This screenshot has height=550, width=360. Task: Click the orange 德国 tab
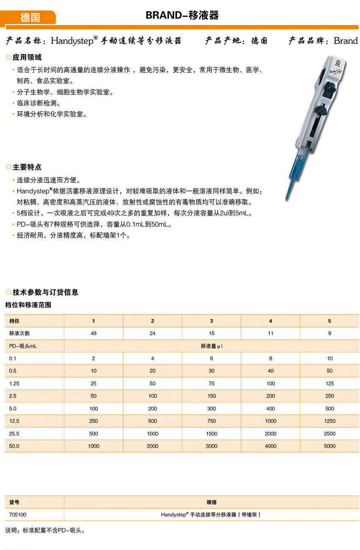click(x=30, y=17)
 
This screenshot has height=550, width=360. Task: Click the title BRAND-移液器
click(x=182, y=16)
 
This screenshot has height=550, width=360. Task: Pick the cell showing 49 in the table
click(x=94, y=333)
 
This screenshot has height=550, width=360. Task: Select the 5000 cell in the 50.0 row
click(x=330, y=446)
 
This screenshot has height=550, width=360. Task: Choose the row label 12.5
click(x=14, y=421)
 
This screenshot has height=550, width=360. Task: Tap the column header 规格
click(x=211, y=502)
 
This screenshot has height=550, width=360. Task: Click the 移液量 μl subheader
click(x=211, y=346)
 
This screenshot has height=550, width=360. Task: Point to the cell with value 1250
click(x=330, y=421)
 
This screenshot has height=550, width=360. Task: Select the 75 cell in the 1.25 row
click(x=211, y=383)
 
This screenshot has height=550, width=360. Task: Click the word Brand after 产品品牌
click(x=346, y=41)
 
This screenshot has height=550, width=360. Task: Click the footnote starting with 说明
click(x=45, y=530)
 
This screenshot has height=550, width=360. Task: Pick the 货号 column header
click(x=14, y=502)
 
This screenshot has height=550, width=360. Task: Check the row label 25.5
click(x=14, y=433)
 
